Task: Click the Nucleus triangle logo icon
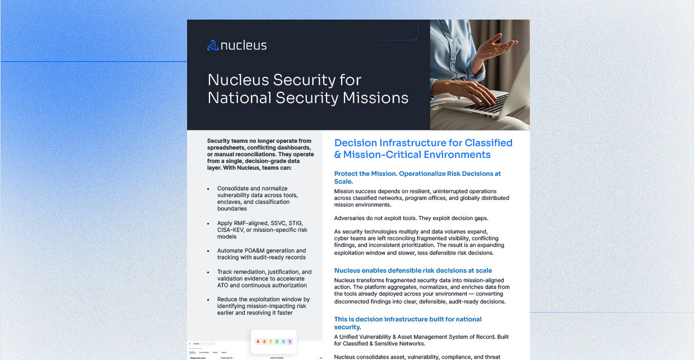[213, 45]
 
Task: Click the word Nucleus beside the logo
[244, 45]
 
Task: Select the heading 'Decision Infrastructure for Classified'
[423, 143]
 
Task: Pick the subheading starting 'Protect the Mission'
[417, 174]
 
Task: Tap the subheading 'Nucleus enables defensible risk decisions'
[413, 270]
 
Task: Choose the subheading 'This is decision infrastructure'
[408, 319]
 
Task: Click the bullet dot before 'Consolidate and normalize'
[208, 189]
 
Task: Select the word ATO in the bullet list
[223, 285]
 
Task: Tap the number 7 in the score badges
[271, 342]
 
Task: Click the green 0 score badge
[277, 342]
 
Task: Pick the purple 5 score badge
[290, 342]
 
